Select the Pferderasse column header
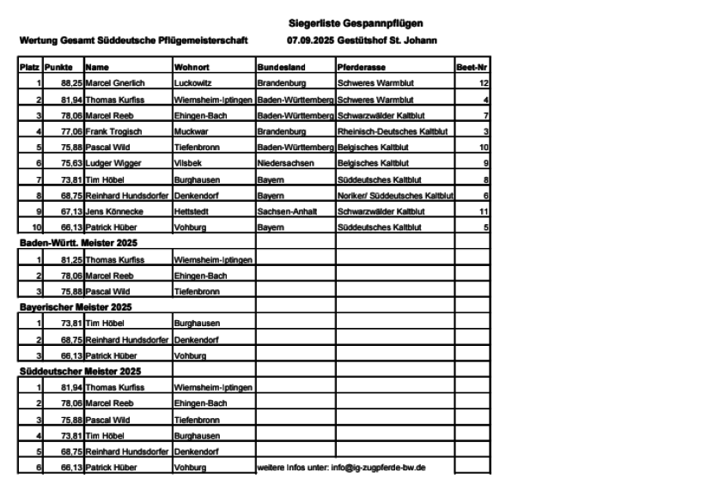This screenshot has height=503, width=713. [x=361, y=66]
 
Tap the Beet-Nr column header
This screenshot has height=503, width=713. [x=472, y=66]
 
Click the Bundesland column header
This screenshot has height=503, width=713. [x=278, y=66]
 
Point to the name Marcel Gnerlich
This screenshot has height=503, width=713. [x=115, y=83]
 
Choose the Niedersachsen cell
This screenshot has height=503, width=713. [x=283, y=163]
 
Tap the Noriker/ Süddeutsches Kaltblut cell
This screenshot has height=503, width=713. [x=394, y=196]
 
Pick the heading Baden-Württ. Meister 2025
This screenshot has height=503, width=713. [x=78, y=243]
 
